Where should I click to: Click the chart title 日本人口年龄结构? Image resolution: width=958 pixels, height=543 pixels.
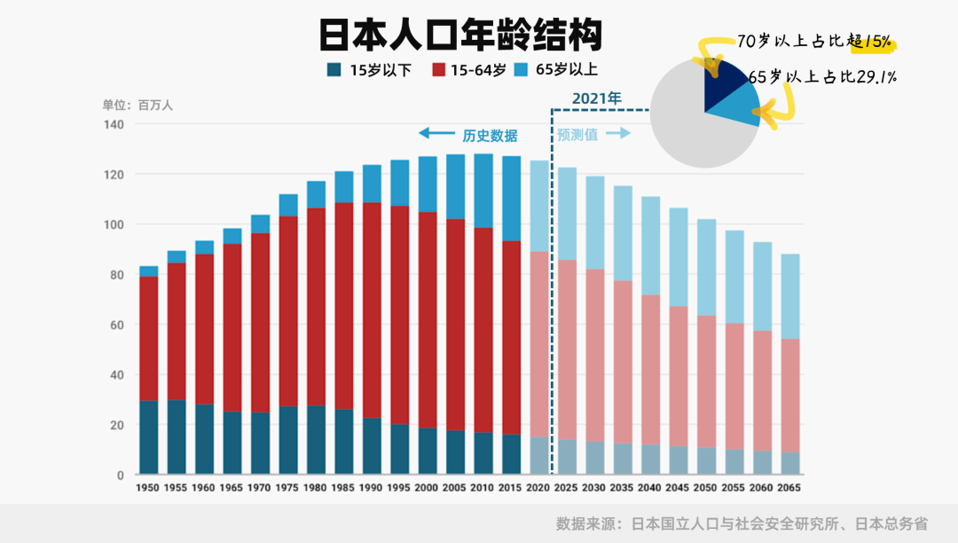click(x=460, y=36)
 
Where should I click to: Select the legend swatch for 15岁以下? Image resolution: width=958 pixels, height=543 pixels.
click(x=334, y=70)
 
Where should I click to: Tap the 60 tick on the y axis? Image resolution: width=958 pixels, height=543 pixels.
click(x=115, y=325)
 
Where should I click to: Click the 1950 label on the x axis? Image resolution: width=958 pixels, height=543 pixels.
click(x=148, y=488)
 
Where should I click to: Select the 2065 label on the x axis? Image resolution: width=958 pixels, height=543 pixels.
click(x=789, y=488)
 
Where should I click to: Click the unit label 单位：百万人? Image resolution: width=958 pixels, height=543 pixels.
click(x=137, y=105)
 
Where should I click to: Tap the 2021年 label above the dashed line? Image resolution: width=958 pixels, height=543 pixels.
click(x=597, y=98)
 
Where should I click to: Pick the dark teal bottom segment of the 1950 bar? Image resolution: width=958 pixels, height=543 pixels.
click(x=148, y=437)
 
